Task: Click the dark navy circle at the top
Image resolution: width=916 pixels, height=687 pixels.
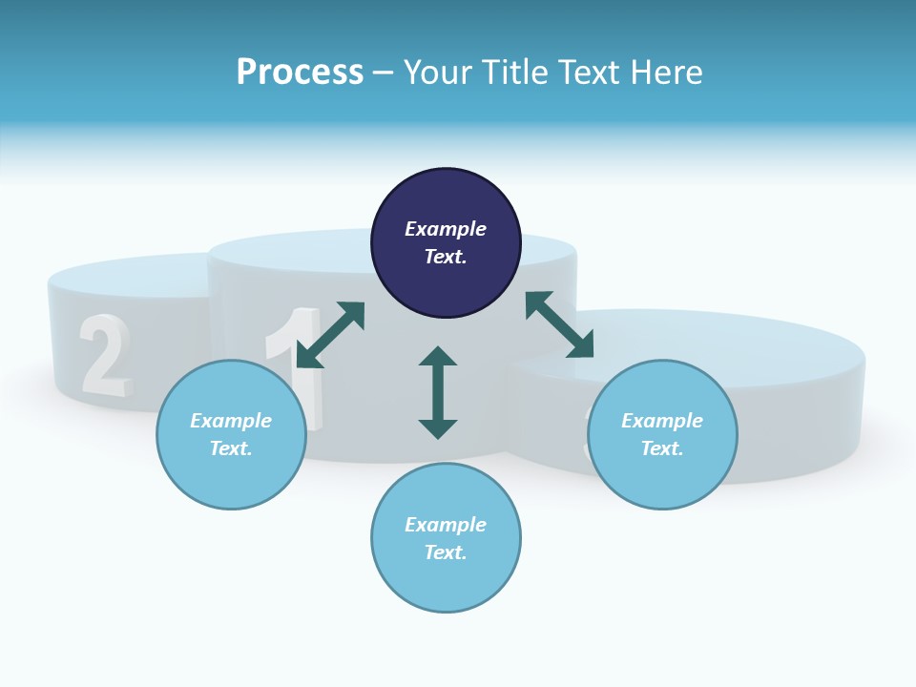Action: click(x=446, y=243)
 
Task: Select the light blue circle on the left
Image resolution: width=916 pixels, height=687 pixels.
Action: click(x=231, y=434)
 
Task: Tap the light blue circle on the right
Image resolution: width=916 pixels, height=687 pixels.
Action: click(x=662, y=434)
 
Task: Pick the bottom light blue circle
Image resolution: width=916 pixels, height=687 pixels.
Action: click(x=446, y=538)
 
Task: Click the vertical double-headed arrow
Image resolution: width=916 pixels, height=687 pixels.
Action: click(x=438, y=392)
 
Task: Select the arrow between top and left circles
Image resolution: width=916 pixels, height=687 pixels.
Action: click(x=330, y=335)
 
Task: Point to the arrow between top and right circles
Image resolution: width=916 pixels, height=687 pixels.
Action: click(x=560, y=324)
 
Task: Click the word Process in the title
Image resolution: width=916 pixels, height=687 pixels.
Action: click(x=300, y=72)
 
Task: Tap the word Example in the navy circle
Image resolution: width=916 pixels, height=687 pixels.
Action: click(x=446, y=229)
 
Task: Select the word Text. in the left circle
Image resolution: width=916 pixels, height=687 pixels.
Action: click(x=231, y=448)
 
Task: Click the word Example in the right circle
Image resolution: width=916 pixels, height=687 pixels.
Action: click(x=662, y=421)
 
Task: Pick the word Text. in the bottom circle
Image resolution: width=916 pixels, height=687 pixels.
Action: click(x=446, y=552)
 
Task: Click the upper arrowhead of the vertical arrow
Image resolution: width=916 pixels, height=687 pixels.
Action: click(x=438, y=358)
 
